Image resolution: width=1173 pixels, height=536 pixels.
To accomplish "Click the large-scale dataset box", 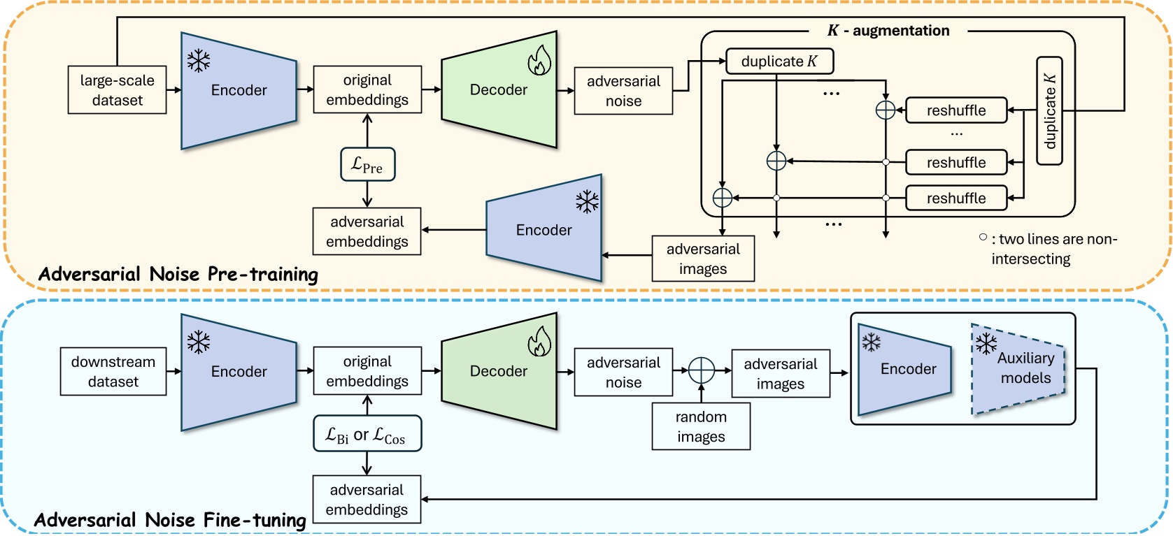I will pos(117,90).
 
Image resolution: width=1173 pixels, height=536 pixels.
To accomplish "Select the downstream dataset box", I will pos(113,372).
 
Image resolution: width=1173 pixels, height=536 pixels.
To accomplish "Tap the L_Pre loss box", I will pos(368,165).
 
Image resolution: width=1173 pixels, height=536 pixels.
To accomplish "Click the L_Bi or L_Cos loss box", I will pos(367,434).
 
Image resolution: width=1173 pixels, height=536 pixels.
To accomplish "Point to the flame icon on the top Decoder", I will pos(539,61).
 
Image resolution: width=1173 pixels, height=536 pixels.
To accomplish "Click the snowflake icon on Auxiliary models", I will pos(986,343).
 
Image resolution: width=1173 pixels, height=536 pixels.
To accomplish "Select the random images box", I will pos(701,426).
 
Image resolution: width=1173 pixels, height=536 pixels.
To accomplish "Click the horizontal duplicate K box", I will pos(779,61).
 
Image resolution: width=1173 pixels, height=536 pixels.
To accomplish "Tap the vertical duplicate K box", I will pos(1049,111).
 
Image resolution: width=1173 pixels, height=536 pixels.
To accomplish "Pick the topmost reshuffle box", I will pos(956,110).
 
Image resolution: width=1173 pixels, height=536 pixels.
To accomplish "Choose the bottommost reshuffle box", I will pos(956,198).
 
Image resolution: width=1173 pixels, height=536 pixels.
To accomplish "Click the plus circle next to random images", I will pos(702,371).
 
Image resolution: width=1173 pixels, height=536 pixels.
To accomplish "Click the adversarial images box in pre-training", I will pos(703,259).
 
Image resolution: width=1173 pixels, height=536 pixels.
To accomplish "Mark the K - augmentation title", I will pos(888,31).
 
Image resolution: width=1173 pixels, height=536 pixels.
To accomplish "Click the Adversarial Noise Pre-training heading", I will pos(178,274).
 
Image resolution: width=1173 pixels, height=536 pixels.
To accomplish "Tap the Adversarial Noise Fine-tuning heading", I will pos(170,520).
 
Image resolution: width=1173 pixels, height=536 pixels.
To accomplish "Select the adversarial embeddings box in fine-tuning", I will pos(367,500).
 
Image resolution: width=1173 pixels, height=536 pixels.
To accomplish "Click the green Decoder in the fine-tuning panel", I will pos(499,371).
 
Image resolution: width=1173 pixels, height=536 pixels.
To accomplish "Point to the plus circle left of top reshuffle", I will pos(886,110).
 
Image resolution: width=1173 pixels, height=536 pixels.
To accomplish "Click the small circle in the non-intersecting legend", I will pos(983,238).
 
